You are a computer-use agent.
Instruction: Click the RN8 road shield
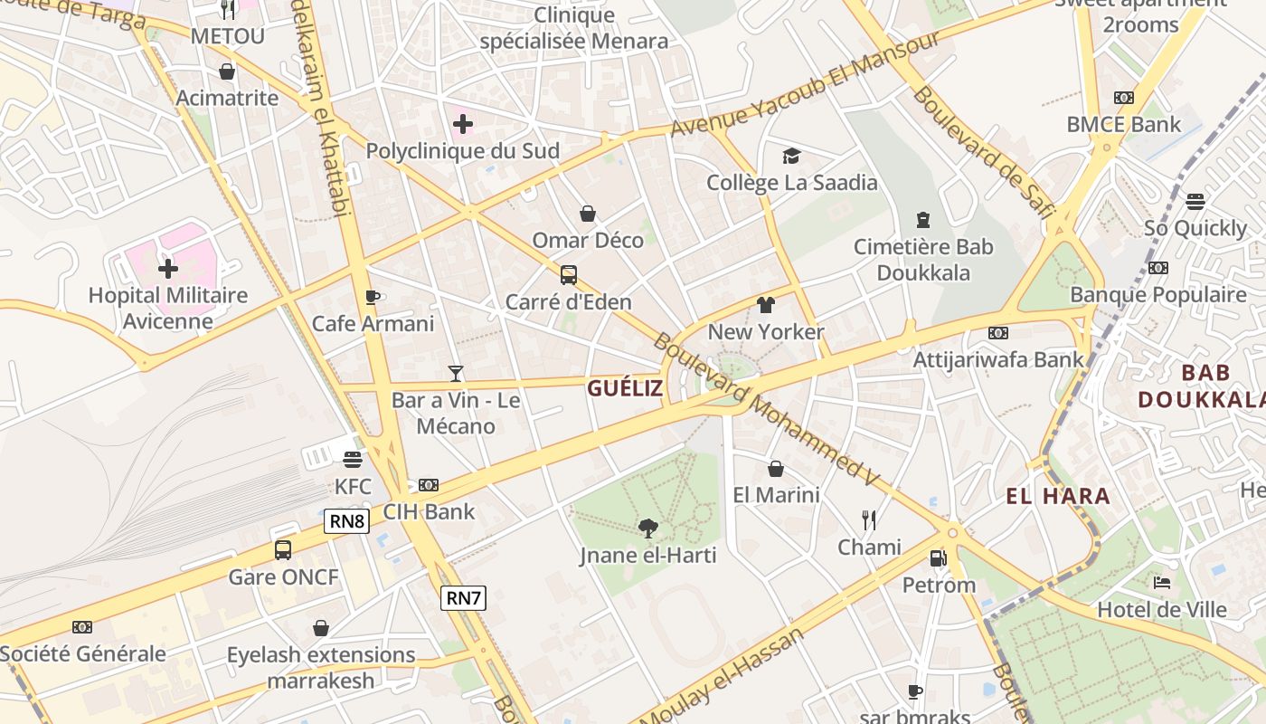coord(347,520)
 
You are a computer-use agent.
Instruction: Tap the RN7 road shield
coord(463,597)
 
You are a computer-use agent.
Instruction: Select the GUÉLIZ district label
coord(625,389)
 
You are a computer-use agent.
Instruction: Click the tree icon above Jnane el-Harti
coord(647,528)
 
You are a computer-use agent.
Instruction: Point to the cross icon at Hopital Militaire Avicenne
coord(168,269)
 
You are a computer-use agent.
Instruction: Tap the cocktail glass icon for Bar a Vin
coord(456,373)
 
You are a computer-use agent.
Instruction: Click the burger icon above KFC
coord(353,460)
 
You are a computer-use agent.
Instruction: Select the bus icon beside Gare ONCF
coord(283,549)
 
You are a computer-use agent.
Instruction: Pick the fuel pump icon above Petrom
coord(939,558)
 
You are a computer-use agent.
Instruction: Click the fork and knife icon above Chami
coord(869,519)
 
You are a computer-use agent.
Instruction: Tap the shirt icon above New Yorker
coord(766,304)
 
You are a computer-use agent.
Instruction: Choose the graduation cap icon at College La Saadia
coord(792,156)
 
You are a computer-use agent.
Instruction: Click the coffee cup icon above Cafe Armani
coord(372,297)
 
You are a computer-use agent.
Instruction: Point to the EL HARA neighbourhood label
coord(1058,496)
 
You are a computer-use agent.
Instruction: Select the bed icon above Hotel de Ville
coord(1162,583)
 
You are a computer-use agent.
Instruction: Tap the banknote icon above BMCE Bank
coord(1124,98)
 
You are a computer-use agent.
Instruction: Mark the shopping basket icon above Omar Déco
coord(588,214)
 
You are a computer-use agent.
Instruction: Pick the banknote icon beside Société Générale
coord(82,627)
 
